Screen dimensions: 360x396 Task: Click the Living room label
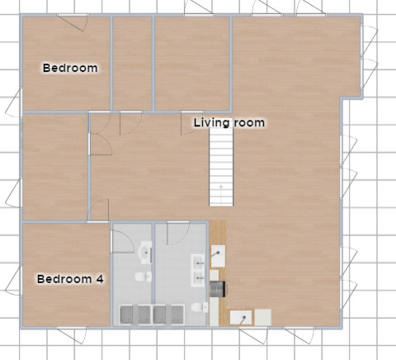(x=229, y=123)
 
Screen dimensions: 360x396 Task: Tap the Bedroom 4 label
(x=70, y=279)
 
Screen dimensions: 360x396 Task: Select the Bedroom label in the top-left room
(x=70, y=68)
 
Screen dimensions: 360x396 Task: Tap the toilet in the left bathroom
(x=142, y=277)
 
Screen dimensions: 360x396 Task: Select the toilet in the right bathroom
(x=198, y=308)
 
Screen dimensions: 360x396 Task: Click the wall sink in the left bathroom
(x=145, y=250)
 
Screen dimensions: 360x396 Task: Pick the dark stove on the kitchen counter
(x=219, y=288)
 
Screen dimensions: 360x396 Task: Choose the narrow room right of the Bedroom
(x=132, y=63)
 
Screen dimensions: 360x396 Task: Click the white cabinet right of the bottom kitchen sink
(x=263, y=316)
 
